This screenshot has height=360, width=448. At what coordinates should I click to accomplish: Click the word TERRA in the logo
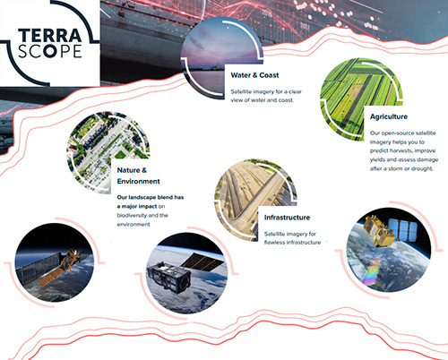pyautogui.click(x=49, y=36)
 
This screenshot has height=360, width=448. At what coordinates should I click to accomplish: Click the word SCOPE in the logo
pyautogui.click(x=49, y=51)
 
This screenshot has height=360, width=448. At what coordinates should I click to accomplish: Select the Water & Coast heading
pyautogui.click(x=254, y=75)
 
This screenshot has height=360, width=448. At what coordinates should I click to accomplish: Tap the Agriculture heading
pyautogui.click(x=389, y=116)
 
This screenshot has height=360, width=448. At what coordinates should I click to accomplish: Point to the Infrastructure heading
pyautogui.click(x=287, y=218)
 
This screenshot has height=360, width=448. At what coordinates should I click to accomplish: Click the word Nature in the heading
pyautogui.click(x=128, y=170)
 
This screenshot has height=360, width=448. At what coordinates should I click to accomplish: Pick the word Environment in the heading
pyautogui.click(x=139, y=181)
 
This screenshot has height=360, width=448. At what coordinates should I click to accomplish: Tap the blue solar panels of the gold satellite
pyautogui.click(x=402, y=229)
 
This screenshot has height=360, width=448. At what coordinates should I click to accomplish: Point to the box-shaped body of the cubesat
pyautogui.click(x=168, y=277)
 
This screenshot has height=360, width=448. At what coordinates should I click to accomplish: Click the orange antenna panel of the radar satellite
pyautogui.click(x=51, y=276)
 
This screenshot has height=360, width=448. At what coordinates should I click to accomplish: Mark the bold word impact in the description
pyautogui.click(x=148, y=206)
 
